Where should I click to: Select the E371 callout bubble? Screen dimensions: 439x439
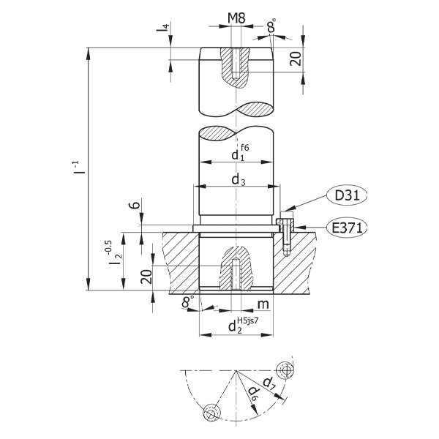tap(346, 228)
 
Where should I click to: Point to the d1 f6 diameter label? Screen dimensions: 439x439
tap(239, 154)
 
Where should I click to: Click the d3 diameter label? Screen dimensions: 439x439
tap(237, 179)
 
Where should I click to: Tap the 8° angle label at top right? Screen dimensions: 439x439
tap(271, 27)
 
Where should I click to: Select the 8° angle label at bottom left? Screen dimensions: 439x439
tap(188, 302)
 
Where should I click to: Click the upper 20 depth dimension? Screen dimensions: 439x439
tap(296, 59)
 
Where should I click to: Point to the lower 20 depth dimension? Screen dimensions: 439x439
tap(146, 276)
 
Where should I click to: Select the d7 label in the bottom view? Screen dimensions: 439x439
tap(269, 381)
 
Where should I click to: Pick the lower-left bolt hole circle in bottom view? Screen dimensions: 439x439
tap(211, 414)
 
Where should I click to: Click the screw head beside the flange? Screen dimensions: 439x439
tap(284, 222)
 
